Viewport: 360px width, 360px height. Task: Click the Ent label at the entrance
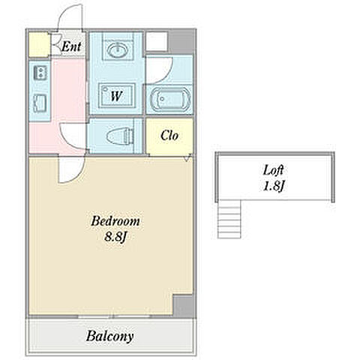[71, 46]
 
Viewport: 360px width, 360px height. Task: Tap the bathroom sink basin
[116, 49]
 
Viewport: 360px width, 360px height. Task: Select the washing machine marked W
[117, 95]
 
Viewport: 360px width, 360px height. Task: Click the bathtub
[170, 100]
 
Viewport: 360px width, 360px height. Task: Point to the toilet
[119, 136]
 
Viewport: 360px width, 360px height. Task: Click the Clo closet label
[169, 136]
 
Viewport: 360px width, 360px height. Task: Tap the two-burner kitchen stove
[40, 72]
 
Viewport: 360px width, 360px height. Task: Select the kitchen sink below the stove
[40, 103]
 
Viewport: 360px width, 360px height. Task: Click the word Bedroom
[115, 221]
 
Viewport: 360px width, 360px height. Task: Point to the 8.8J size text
[115, 237]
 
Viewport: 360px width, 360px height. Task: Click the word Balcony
[109, 336]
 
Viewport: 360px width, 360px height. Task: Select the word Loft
[273, 170]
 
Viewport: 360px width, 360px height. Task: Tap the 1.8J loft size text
[274, 186]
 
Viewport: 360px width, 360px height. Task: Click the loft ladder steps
[229, 219]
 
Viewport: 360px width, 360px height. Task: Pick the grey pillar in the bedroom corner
[183, 306]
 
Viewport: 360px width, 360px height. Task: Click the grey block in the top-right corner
[181, 41]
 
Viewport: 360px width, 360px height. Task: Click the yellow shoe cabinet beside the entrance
[39, 44]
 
